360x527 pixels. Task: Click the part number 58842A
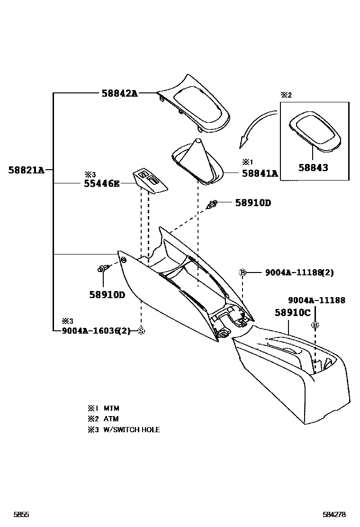(x=119, y=93)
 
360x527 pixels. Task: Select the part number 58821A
(x=26, y=170)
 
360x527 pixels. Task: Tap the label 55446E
(x=102, y=183)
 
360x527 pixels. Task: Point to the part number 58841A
(x=260, y=173)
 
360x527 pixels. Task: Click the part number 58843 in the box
(x=314, y=167)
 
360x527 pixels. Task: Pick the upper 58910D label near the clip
(x=253, y=203)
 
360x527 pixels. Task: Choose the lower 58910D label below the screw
(x=107, y=294)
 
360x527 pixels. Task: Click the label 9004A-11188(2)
(x=299, y=273)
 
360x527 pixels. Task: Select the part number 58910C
(x=293, y=313)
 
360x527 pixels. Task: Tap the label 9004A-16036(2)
(x=96, y=331)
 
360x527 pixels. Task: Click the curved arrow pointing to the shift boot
(x=256, y=127)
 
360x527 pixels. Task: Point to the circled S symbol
(x=141, y=331)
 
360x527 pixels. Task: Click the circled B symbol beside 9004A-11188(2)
(x=243, y=273)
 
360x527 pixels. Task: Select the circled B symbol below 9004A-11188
(x=315, y=325)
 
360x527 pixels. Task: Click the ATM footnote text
(x=111, y=419)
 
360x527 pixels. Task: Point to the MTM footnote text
(x=111, y=408)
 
